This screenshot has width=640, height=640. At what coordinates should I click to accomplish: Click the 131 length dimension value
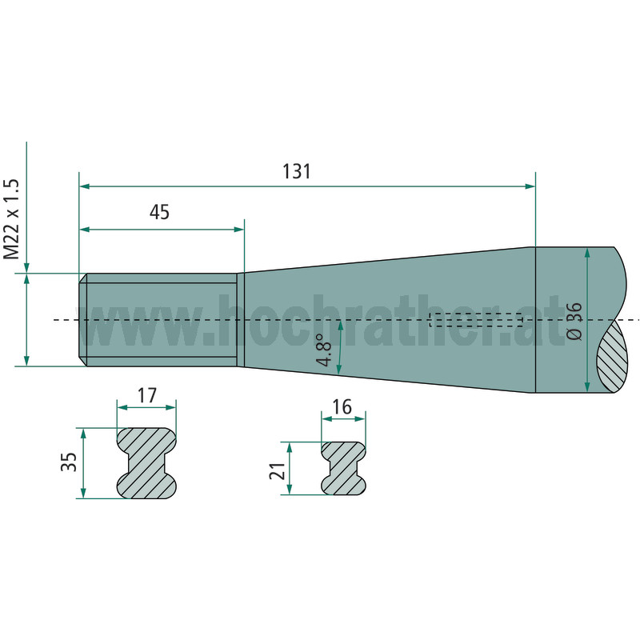297,171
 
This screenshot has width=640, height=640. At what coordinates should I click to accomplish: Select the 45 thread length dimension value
159,212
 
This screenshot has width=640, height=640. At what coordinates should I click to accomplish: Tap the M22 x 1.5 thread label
11,218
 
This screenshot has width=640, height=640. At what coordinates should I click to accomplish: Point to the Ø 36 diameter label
574,321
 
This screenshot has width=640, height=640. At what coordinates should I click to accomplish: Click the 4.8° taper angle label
325,350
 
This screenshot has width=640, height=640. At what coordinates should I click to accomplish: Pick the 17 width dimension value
147,395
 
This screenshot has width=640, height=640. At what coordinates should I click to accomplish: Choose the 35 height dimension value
69,462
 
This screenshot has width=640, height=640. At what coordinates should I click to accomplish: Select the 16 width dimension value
342,407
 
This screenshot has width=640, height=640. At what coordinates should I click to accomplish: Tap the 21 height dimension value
277,471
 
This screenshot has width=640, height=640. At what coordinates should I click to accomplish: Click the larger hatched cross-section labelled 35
147,463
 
